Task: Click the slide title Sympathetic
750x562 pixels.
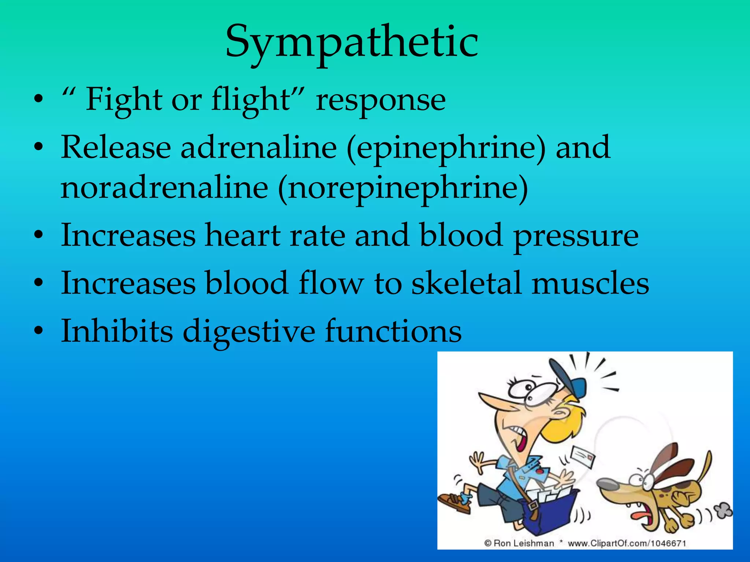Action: click(x=352, y=42)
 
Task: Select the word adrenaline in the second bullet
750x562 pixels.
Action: click(x=258, y=147)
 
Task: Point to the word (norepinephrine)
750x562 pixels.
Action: click(x=403, y=188)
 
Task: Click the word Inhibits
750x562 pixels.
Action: click(x=116, y=331)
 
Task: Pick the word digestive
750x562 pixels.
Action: click(x=249, y=331)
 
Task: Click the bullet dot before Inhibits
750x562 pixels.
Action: click(x=39, y=331)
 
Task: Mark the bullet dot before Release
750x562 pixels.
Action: click(x=39, y=148)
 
